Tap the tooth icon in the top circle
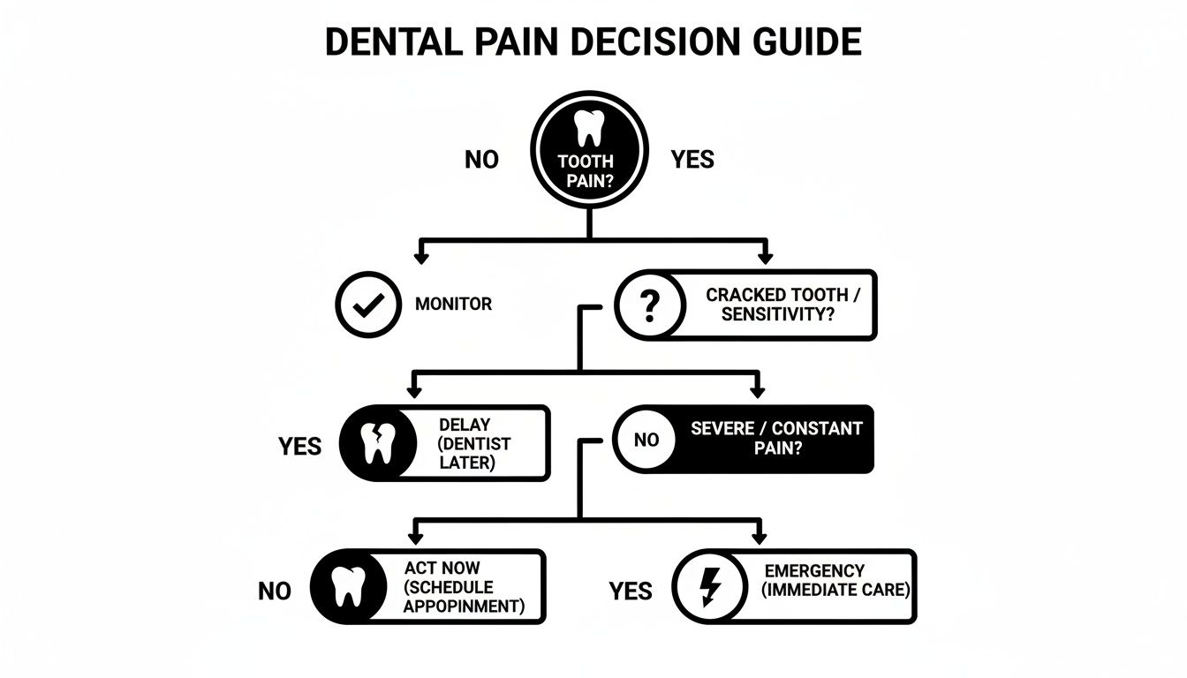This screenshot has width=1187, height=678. click(588, 129)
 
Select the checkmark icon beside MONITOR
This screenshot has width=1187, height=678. click(367, 305)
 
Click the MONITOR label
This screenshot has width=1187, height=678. click(453, 305)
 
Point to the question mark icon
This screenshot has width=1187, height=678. click(648, 305)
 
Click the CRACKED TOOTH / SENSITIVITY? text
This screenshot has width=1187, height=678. click(776, 305)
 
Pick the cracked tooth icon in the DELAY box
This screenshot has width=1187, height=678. click(376, 443)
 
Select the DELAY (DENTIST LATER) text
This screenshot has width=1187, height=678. click(475, 443)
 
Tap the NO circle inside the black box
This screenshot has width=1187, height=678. click(646, 440)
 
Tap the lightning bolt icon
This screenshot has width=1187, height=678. click(709, 586)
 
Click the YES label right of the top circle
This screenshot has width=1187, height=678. click(692, 160)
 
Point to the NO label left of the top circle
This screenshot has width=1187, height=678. click(481, 160)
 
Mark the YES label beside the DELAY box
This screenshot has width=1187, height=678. click(300, 447)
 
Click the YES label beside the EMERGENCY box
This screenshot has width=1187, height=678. click(631, 591)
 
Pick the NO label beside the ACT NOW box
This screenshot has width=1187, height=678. click(275, 591)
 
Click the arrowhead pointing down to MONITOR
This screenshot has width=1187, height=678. click(421, 258)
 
